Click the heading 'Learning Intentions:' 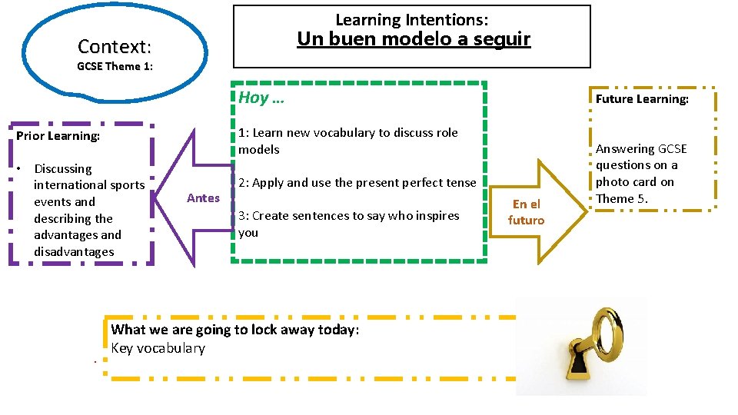coord(411,20)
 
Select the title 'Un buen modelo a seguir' coord(413,39)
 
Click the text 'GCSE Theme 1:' coord(115,66)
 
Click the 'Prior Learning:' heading coord(58,136)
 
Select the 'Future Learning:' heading coord(642,99)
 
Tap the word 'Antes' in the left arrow coord(203,198)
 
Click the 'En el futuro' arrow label coord(527,211)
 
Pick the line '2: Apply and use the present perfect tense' coord(357,183)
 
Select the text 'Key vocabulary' coord(158,348)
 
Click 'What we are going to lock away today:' coord(234,330)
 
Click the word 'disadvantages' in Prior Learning coord(74,252)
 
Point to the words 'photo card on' coord(634,182)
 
